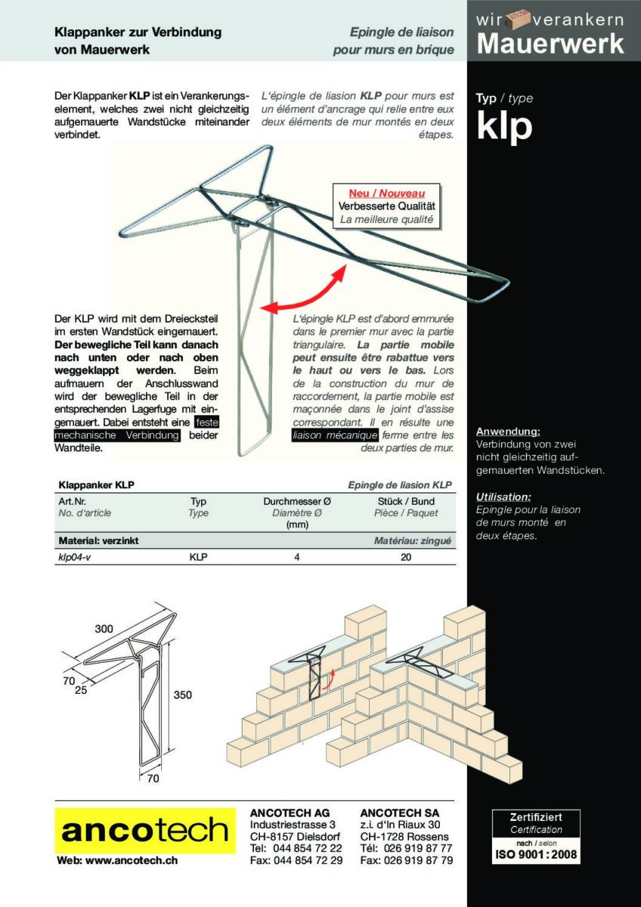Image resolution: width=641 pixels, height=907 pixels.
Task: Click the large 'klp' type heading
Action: tap(504, 126)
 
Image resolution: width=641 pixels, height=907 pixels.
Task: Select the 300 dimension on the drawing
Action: tap(104, 629)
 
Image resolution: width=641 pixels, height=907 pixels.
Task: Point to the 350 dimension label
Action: tap(182, 695)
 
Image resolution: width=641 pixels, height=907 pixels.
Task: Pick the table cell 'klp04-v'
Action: tap(74, 557)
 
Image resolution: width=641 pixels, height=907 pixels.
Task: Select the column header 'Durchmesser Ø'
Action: tap(296, 501)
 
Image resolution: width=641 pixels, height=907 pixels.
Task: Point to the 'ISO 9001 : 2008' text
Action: tap(536, 855)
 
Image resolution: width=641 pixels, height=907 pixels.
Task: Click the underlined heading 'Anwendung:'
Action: tap(508, 432)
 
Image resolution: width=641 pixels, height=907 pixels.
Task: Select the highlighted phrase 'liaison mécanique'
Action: tap(335, 435)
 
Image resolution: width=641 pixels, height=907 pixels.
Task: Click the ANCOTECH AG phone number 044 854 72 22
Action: tap(307, 848)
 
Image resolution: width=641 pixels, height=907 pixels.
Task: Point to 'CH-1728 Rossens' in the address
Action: tap(404, 837)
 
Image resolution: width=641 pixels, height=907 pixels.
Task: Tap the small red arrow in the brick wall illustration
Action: tap(328, 681)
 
